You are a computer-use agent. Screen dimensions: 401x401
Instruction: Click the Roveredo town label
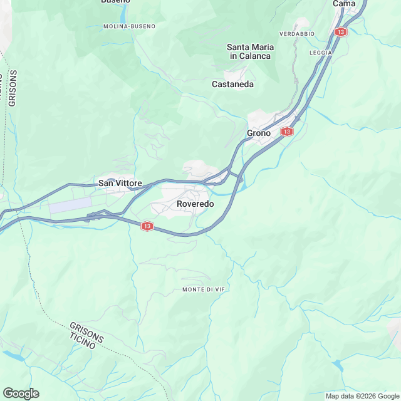(195, 204)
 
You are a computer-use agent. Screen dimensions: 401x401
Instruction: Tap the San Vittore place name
(125, 183)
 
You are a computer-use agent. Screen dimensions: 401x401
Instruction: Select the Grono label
(259, 133)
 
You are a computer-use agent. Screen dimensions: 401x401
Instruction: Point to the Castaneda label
(232, 84)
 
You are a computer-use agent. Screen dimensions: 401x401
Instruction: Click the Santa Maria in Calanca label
(249, 51)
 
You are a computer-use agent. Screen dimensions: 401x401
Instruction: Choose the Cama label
(344, 3)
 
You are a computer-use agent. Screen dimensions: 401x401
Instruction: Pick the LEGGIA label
(320, 52)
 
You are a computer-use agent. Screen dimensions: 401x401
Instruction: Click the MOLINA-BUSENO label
(129, 26)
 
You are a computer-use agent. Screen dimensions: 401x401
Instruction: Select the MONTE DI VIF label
(202, 289)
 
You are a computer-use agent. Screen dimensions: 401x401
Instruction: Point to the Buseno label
(115, 1)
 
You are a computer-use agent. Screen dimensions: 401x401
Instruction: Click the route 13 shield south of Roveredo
(147, 226)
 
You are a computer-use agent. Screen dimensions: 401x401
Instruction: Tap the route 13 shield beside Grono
(286, 132)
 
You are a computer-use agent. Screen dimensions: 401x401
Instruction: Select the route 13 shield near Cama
(340, 31)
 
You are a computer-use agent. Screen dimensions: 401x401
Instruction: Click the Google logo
(21, 393)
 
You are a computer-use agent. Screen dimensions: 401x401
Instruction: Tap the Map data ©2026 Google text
(362, 396)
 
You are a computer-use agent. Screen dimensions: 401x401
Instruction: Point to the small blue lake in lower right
(338, 364)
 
